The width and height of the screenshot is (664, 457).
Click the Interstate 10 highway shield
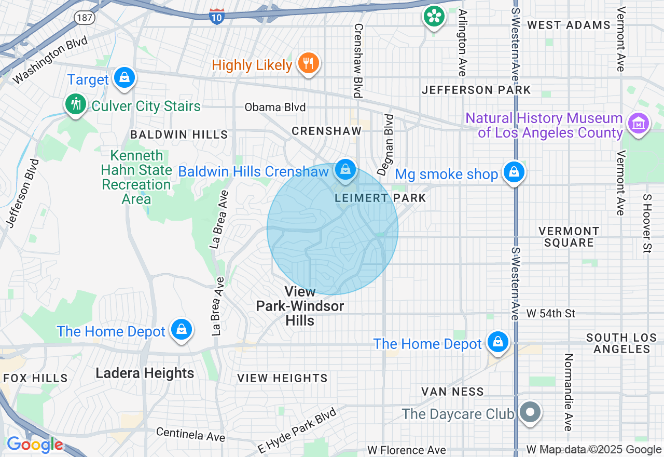click(217, 16)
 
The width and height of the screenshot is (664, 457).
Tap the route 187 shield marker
click(85, 18)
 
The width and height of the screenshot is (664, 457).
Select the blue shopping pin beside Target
click(124, 78)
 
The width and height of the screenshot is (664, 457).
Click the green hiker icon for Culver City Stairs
click(76, 104)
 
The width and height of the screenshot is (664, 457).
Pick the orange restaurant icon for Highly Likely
click(309, 63)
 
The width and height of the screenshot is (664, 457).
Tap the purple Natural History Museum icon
click(638, 124)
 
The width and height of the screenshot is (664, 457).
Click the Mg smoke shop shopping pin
click(514, 172)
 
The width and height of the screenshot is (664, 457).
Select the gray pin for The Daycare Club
click(529, 413)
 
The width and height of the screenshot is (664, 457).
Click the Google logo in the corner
click(35, 445)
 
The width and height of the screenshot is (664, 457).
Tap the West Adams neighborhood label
click(569, 25)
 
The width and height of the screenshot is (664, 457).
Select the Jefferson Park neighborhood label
click(476, 90)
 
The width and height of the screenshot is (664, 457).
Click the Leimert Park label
click(380, 198)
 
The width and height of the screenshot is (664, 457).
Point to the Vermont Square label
click(569, 237)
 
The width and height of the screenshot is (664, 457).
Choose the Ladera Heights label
click(145, 373)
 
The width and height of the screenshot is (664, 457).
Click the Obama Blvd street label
click(275, 107)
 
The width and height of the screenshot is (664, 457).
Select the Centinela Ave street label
click(190, 435)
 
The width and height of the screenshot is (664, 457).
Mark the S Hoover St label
click(646, 224)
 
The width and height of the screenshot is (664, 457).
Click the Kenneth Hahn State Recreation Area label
click(136, 177)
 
